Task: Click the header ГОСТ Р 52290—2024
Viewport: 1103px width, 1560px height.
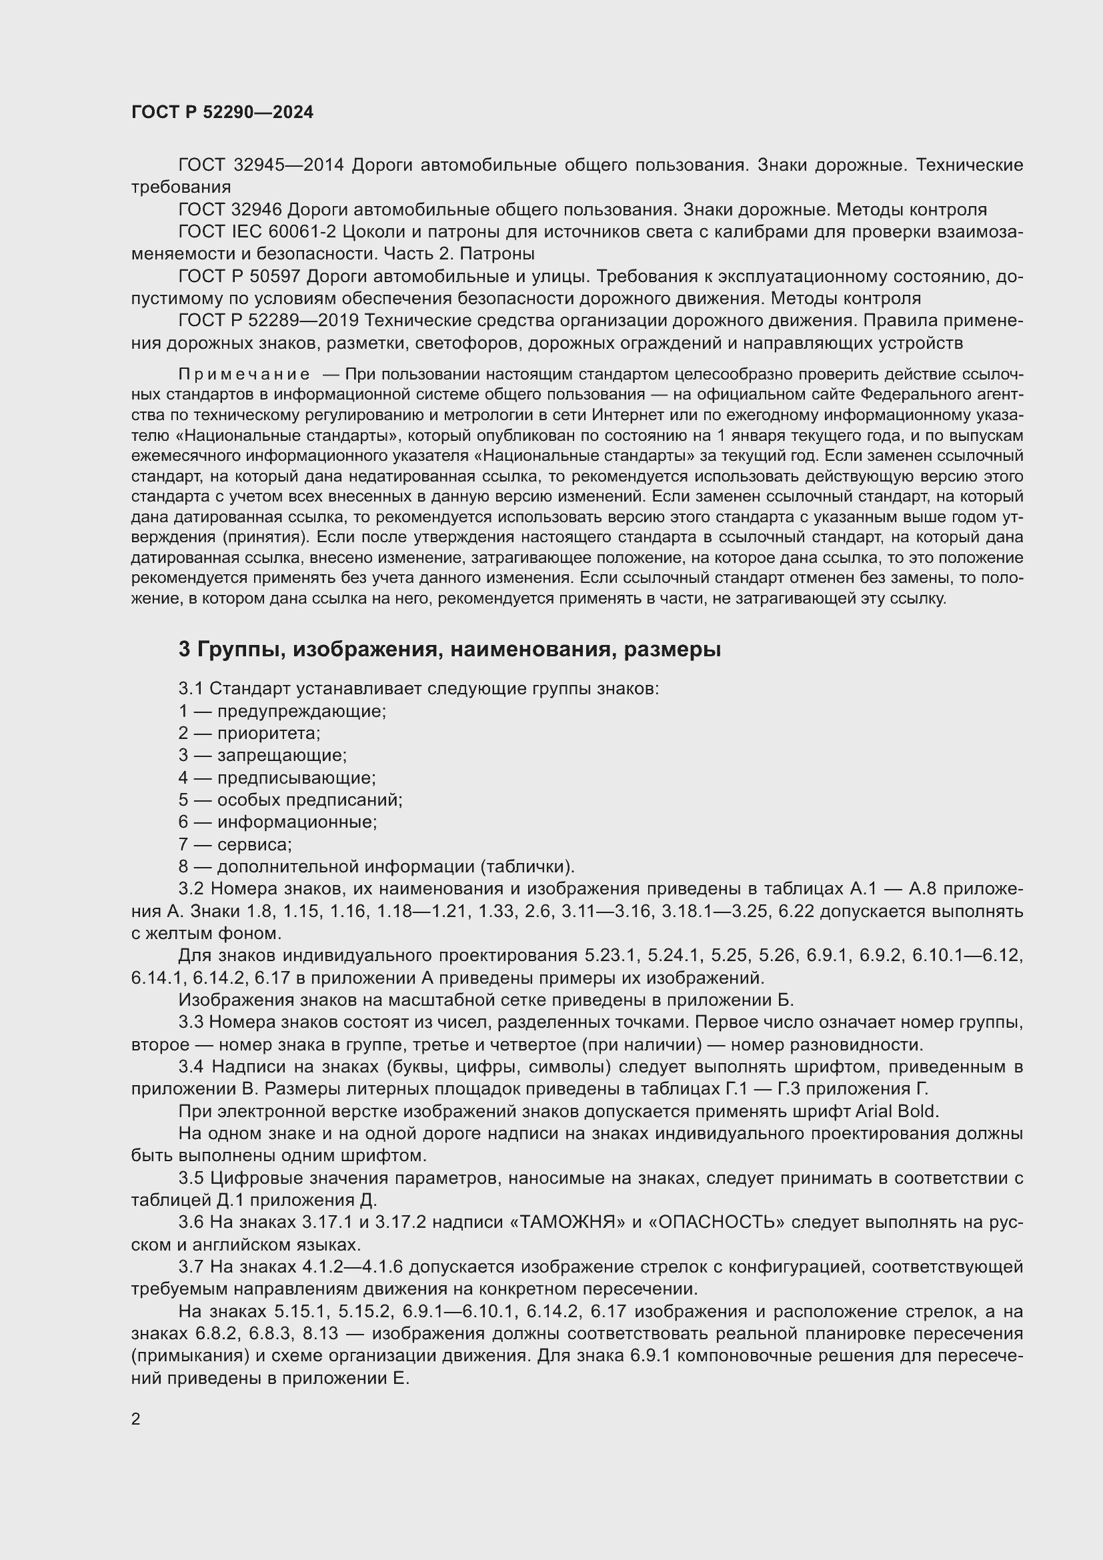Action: (x=222, y=112)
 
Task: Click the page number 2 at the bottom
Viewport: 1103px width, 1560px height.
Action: (x=136, y=1419)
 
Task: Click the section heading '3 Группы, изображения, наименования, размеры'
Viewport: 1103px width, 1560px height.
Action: (x=449, y=650)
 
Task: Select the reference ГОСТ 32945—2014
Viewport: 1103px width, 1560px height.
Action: (x=261, y=165)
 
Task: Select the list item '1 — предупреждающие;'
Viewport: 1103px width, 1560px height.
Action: (x=282, y=711)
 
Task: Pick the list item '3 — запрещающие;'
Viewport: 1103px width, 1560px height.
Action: (x=262, y=755)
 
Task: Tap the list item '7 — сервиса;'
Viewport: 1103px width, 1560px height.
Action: (x=235, y=844)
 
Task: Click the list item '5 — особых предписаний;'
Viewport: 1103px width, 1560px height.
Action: (x=290, y=800)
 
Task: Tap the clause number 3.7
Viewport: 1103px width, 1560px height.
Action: (x=191, y=1267)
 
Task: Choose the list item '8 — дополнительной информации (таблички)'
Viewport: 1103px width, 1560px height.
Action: (x=376, y=866)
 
